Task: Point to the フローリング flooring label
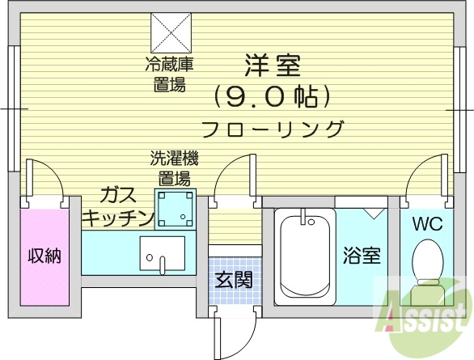point(272,129)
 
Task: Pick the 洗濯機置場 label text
point(174,167)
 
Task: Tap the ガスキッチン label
point(118,205)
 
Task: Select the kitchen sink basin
point(162,252)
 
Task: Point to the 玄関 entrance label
point(233,280)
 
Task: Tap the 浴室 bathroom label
point(360,256)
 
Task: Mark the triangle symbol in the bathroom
point(373,214)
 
